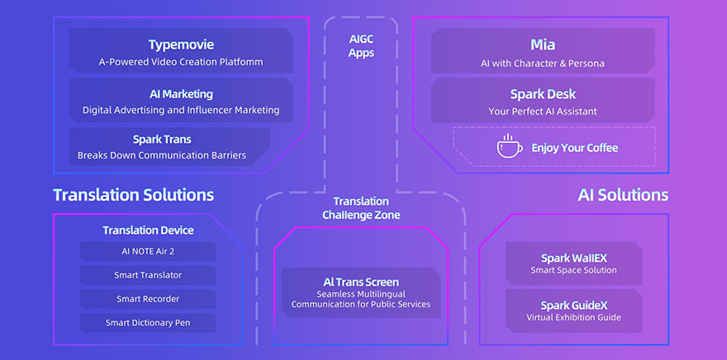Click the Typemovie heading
tap(181, 44)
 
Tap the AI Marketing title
tap(181, 94)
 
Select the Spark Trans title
tap(161, 140)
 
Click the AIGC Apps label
tap(361, 46)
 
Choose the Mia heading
tap(543, 45)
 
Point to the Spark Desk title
tap(543, 94)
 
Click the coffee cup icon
tap(509, 147)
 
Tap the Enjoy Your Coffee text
tap(574, 148)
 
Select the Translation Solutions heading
tap(133, 195)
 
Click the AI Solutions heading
tap(623, 195)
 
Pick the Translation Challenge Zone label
tap(361, 208)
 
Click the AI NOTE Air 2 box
tap(148, 251)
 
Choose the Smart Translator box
tap(148, 275)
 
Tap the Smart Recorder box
tap(148, 299)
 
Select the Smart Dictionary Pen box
tap(148, 323)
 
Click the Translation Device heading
tap(148, 230)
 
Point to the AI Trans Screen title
tap(361, 282)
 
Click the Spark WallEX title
tap(573, 258)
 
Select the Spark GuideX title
tap(573, 306)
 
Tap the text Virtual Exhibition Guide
tap(573, 317)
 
